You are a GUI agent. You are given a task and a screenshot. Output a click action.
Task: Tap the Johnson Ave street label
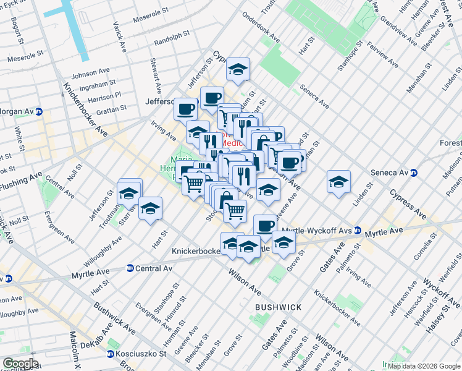tap(90, 74)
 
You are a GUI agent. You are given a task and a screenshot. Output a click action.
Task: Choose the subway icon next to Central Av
tap(130, 268)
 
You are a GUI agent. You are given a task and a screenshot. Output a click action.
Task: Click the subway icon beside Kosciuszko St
tap(111, 354)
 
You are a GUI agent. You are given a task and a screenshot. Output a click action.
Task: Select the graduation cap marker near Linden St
tap(338, 182)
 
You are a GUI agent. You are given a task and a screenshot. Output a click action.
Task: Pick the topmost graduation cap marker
tap(237, 70)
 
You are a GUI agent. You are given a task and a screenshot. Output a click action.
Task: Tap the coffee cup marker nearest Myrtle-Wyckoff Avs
tap(265, 226)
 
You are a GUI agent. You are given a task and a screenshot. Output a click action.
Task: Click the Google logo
tap(20, 364)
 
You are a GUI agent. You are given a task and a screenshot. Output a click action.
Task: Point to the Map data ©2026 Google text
tap(424, 366)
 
